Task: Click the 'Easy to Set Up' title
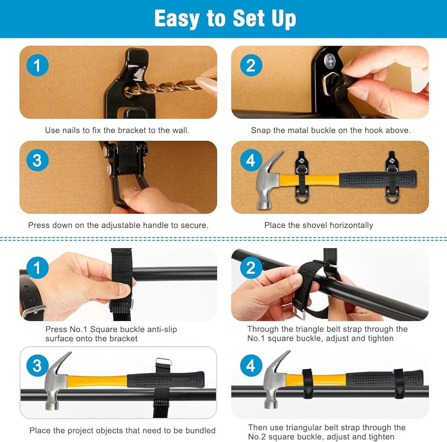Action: (x=225, y=18)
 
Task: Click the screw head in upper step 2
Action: (x=331, y=61)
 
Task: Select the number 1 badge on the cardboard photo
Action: (x=38, y=65)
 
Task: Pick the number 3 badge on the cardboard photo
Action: (x=38, y=160)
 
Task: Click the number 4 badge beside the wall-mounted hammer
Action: (x=251, y=160)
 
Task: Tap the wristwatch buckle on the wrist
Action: (x=34, y=312)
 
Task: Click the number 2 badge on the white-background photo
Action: (x=251, y=267)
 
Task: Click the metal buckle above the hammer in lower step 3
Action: (x=164, y=362)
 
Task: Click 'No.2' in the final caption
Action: (x=257, y=437)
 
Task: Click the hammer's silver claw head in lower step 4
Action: (x=275, y=379)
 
